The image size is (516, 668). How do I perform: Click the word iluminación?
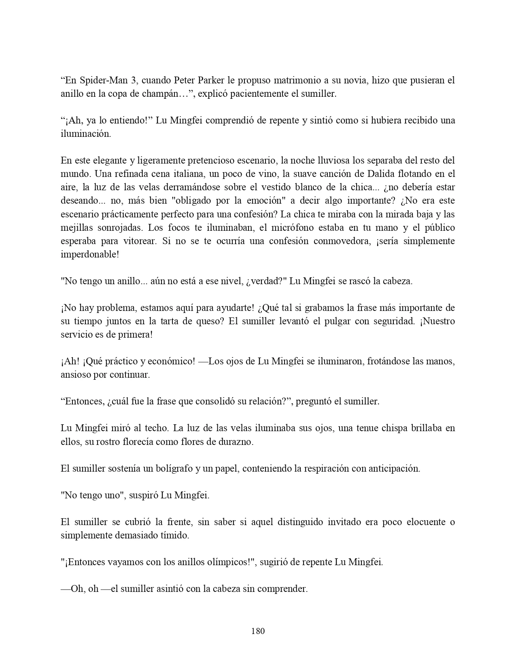coord(85,134)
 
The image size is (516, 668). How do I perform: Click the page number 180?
coord(258,631)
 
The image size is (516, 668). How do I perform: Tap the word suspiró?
coord(144,495)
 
